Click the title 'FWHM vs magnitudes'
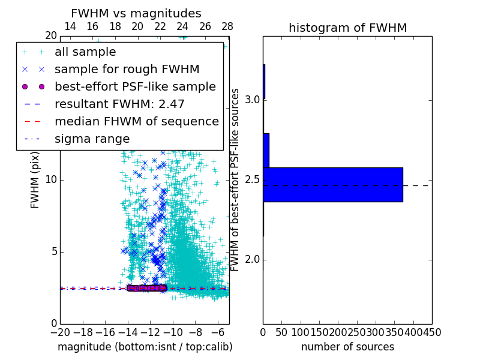pos(136,13)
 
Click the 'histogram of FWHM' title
pos(347,28)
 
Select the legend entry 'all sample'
pos(85,52)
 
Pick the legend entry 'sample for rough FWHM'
pos(127,69)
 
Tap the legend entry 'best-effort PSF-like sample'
pos(135,86)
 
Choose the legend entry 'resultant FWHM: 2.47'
pos(119,104)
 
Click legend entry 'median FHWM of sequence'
pos(136,121)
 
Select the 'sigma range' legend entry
pos(92,139)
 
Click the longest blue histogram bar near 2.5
pos(332,184)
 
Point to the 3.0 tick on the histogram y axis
pos(251,99)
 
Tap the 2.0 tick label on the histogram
pos(251,259)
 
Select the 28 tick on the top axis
pos(227,26)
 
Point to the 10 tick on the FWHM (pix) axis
pos(50,180)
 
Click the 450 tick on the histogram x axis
pos(432,332)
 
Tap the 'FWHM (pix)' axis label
pos(35,180)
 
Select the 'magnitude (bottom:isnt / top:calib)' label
pos(145,347)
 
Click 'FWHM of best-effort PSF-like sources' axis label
pos(236,180)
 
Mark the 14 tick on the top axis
pos(70,26)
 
